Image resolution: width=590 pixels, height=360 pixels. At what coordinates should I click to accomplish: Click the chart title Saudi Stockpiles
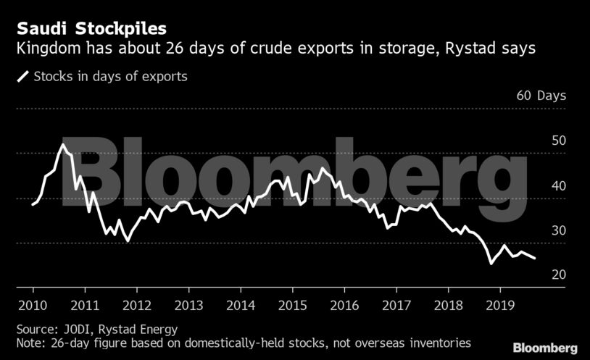pos(91,30)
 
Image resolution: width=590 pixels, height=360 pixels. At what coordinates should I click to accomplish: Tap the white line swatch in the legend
pos(24,76)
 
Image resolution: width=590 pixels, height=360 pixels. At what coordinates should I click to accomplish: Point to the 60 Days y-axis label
pos(541,96)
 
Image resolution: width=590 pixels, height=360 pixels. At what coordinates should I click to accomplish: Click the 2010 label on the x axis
pos(33,305)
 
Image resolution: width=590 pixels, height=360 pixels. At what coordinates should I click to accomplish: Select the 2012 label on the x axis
pos(137,305)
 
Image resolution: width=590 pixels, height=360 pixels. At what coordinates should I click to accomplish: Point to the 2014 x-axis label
pos(241,305)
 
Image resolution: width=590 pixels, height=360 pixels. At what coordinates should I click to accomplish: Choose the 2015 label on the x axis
pos(292,305)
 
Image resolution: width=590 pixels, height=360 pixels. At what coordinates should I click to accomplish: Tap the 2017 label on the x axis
pos(396,305)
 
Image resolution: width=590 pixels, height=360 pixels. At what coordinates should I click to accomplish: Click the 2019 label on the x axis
pos(499,305)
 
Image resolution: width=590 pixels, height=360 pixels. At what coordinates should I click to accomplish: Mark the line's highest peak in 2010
pos(62,145)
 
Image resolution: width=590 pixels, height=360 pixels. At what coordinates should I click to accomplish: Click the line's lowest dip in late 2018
pos(491,264)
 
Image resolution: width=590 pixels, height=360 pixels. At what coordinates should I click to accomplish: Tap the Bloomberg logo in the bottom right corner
pos(545,348)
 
